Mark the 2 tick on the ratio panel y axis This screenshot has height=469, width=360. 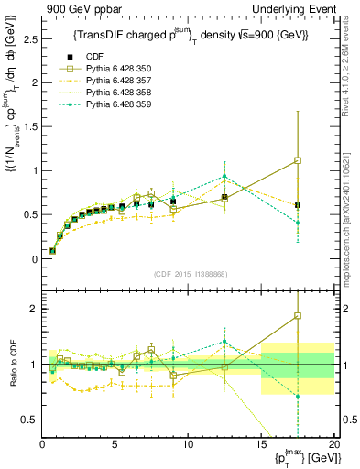click(35, 309)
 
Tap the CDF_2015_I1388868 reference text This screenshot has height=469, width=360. click(188, 274)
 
